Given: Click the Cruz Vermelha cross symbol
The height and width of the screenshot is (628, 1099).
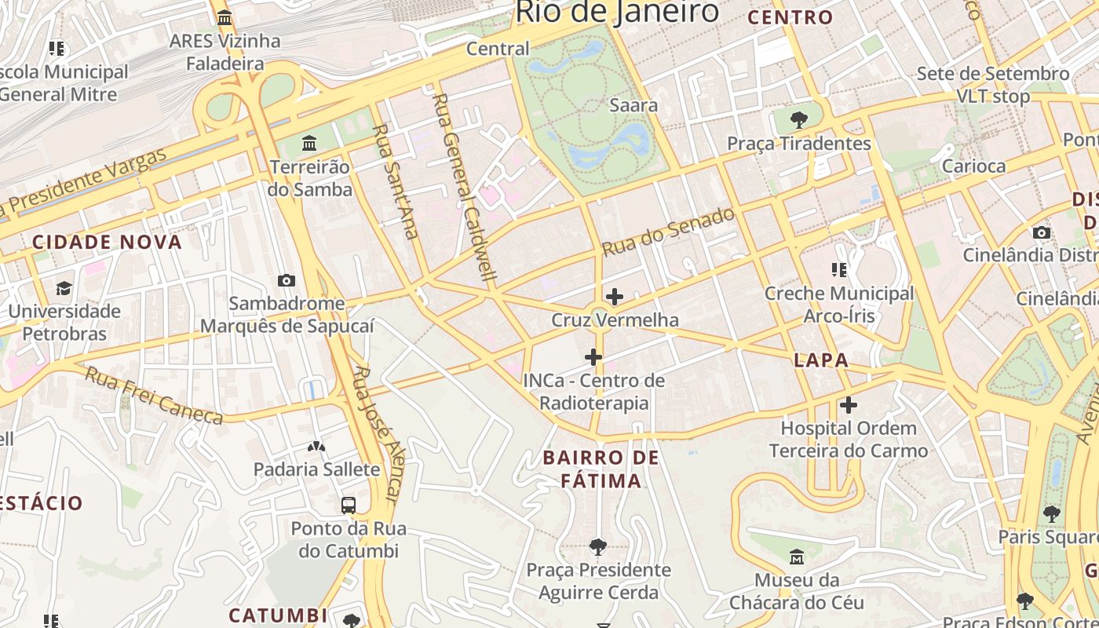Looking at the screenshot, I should [615, 297].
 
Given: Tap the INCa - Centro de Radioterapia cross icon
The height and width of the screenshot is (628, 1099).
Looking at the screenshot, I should [593, 358].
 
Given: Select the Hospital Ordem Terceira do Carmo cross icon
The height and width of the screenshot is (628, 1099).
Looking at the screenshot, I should [849, 405].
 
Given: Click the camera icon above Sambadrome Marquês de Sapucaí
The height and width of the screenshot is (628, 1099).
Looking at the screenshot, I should [287, 280].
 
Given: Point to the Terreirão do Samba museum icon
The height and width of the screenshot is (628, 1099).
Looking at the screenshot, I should [309, 144].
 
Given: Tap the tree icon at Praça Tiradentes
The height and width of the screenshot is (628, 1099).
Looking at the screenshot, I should [799, 120].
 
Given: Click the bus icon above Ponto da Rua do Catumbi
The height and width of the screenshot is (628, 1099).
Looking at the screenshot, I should [349, 505].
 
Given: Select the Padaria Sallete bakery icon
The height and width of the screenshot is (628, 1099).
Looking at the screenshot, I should [316, 447].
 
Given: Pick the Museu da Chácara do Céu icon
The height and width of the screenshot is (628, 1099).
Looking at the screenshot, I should [797, 557].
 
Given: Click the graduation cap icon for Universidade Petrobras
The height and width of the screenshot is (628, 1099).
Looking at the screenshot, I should [64, 288].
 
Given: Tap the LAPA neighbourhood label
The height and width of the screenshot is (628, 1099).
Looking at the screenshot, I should [821, 360].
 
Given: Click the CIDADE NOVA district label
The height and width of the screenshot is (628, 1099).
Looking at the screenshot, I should [107, 242].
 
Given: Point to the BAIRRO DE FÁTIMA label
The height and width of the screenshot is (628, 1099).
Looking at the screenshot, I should [601, 469].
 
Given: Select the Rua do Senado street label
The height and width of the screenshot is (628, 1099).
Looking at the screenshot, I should [668, 232].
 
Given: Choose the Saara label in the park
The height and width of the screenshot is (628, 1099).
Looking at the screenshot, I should [633, 105].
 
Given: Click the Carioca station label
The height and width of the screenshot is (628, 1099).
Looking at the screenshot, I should [973, 166].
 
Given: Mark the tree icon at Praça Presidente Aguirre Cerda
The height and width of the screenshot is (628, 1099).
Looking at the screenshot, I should [598, 546].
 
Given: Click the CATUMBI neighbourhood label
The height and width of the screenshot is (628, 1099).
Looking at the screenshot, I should [278, 615].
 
